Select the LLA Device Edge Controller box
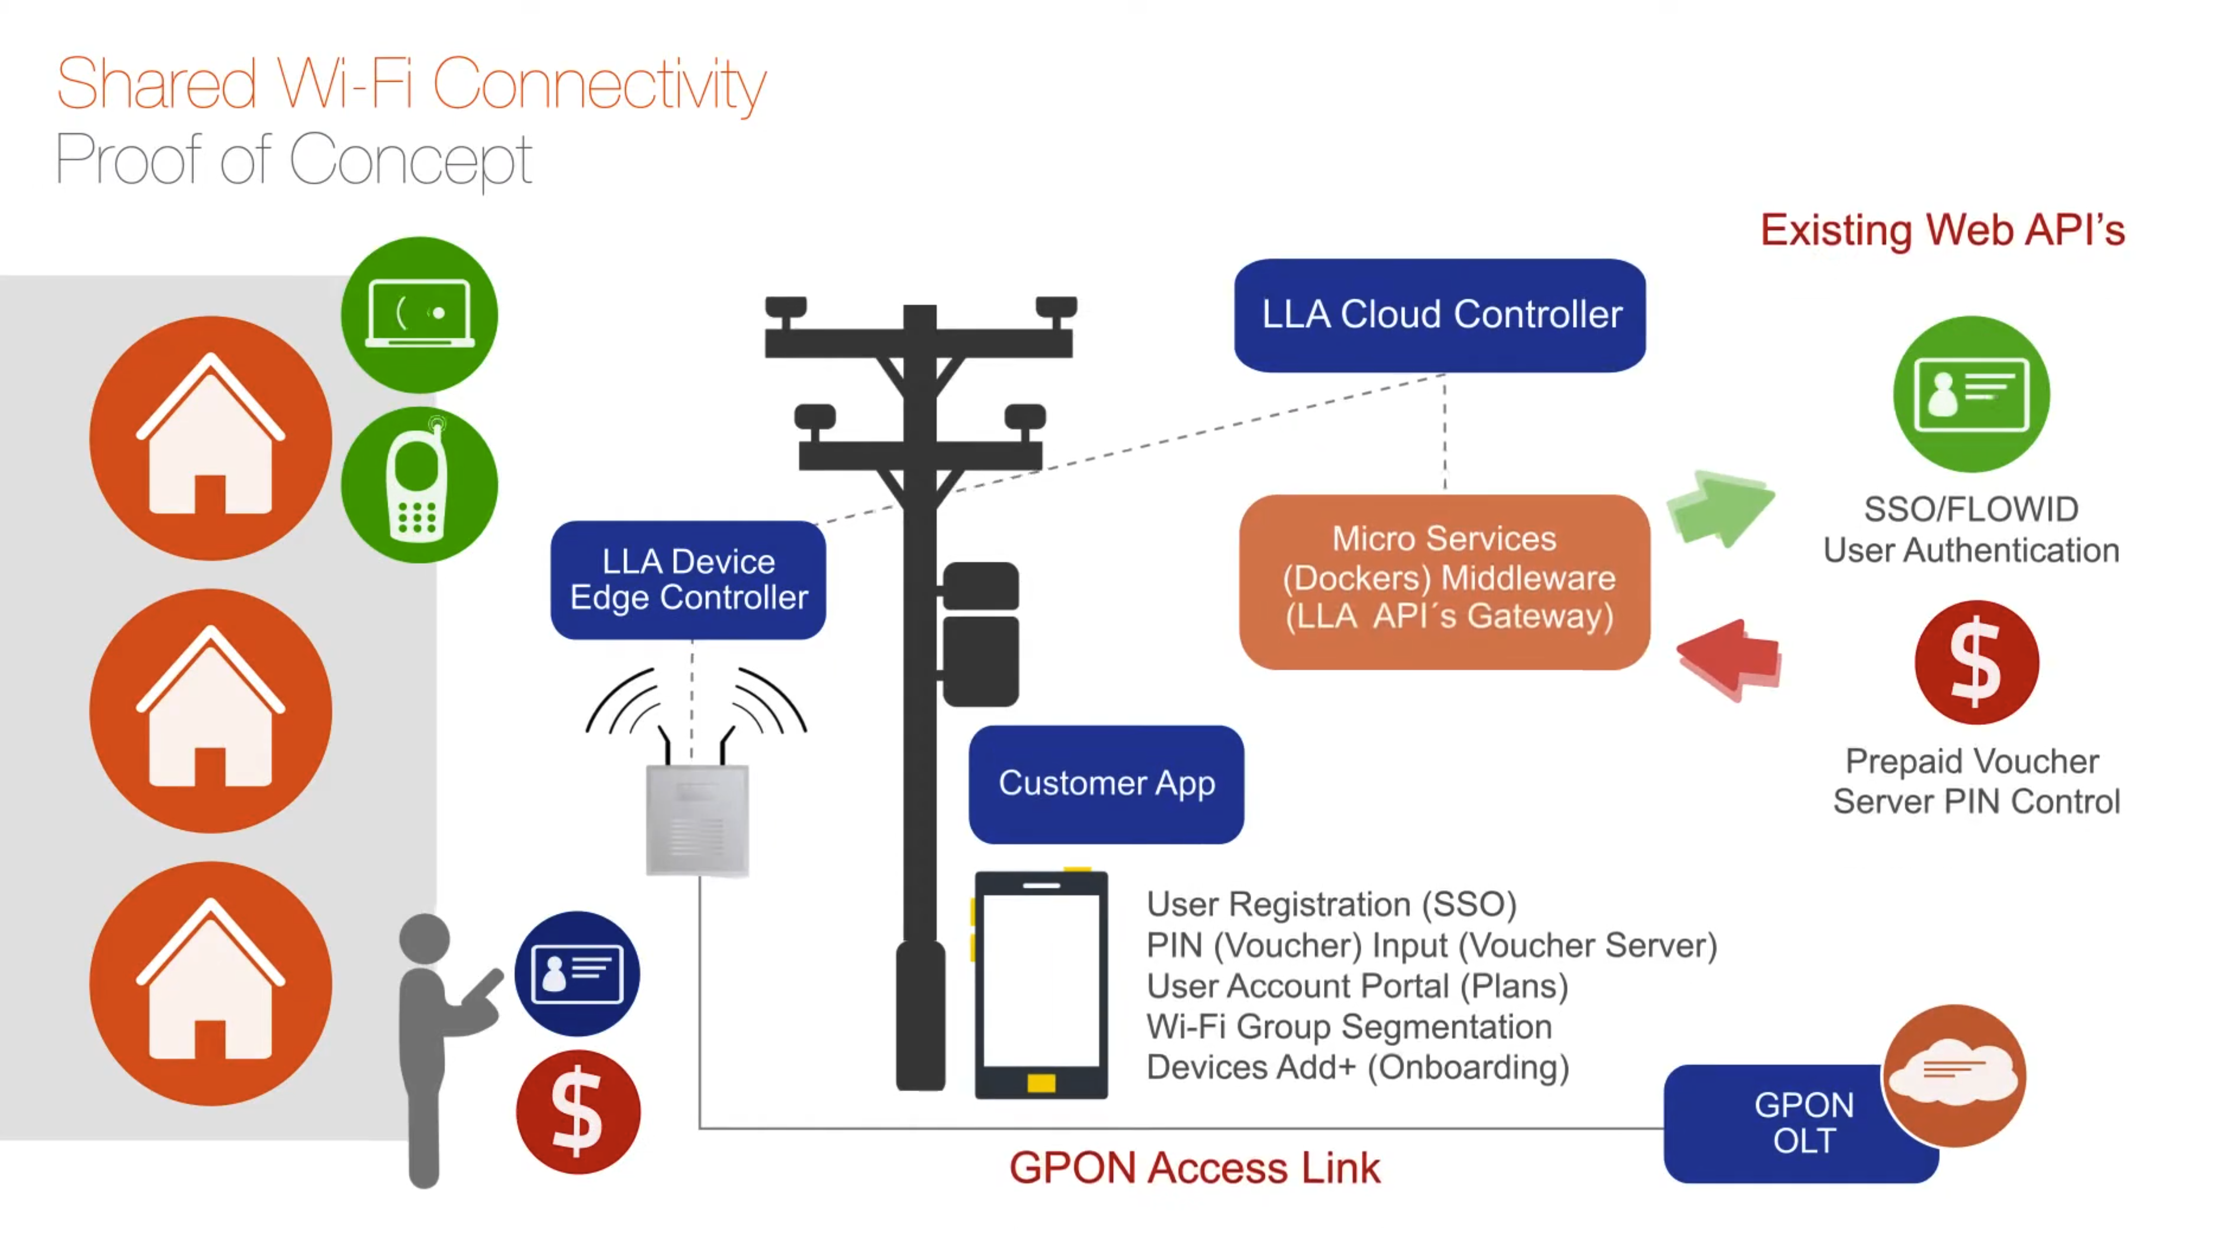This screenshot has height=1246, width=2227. [688, 579]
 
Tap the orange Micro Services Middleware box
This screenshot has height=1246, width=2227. [1444, 581]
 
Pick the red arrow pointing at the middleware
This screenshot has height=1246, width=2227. [1729, 659]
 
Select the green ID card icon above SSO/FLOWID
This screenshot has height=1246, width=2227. [1971, 394]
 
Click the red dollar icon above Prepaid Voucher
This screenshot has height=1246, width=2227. [1976, 662]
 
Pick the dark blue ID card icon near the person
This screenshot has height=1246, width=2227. [577, 974]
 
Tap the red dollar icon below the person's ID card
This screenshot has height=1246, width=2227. [577, 1112]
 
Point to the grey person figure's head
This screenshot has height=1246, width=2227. [425, 938]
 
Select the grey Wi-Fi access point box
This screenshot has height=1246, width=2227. [697, 820]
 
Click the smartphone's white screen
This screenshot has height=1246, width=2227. [1041, 980]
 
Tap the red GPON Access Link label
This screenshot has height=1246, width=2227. [1194, 1168]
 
